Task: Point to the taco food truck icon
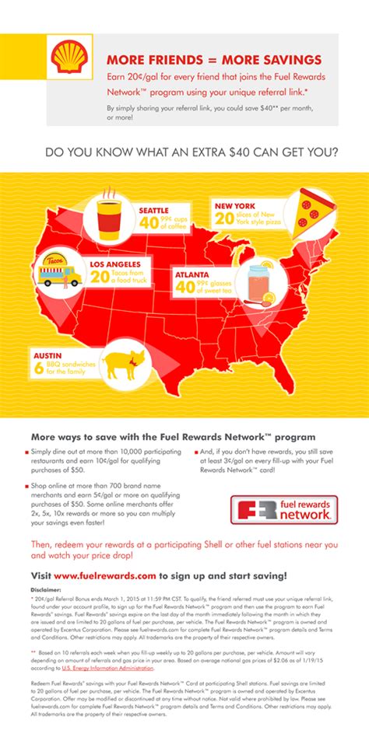(x=59, y=271)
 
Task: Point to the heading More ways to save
(x=173, y=437)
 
